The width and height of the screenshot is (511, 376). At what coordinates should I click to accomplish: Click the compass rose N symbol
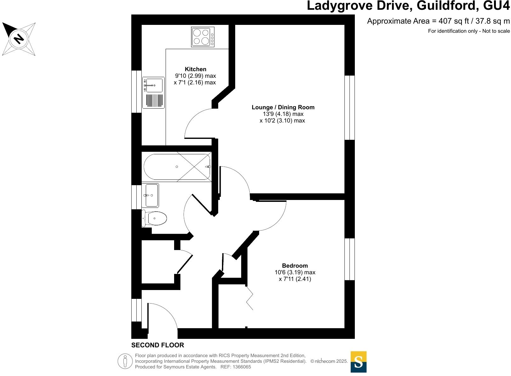coord(19,39)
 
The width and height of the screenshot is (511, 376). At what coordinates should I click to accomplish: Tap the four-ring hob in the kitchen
coord(202,37)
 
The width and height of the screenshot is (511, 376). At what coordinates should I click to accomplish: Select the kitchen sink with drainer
coord(153,93)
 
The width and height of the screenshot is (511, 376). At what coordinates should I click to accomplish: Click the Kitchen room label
coord(196,69)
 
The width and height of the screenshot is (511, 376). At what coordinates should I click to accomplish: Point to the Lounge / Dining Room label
coord(283,107)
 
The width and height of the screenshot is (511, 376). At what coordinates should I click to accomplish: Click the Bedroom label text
coord(295,266)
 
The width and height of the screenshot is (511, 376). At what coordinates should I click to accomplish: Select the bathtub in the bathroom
coord(177,167)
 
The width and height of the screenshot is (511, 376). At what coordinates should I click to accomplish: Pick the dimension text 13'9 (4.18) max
coord(283,114)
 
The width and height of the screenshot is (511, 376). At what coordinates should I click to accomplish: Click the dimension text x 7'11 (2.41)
coord(295,279)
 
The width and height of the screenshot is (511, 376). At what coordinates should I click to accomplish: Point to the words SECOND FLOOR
coord(157,345)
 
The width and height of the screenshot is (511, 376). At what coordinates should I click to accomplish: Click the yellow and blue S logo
coord(358,362)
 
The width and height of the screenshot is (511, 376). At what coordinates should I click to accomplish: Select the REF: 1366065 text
coord(236,367)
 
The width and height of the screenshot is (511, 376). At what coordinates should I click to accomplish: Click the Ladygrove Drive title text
coord(408,6)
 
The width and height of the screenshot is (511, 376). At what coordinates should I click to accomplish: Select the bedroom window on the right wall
coord(349,259)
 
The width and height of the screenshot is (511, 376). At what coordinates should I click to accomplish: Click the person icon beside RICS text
coord(125,361)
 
